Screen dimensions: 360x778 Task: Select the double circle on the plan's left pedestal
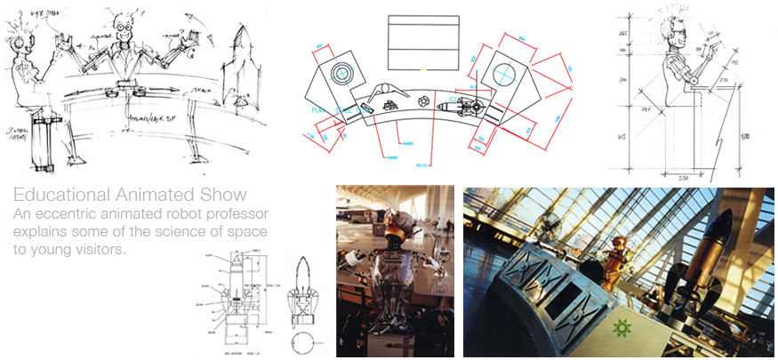tap(342, 72)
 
